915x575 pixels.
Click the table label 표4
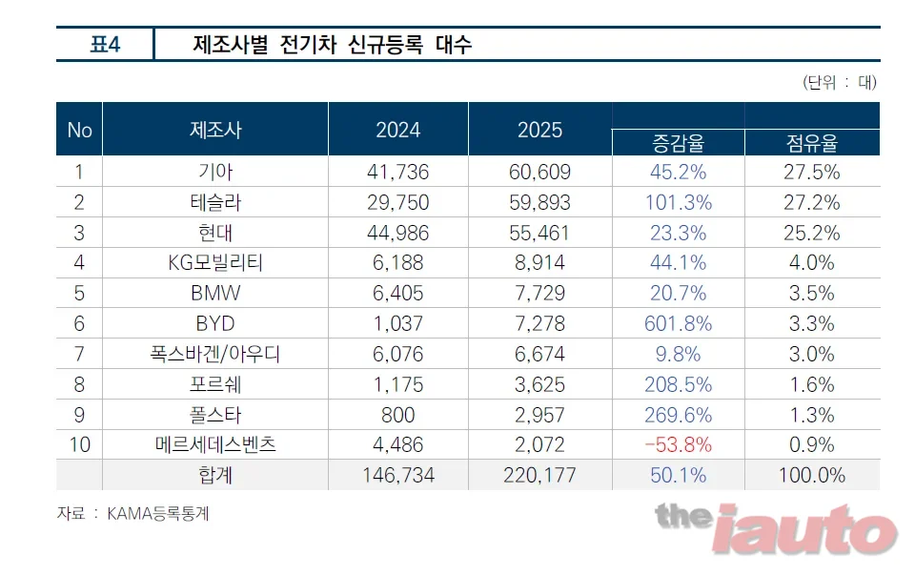[x=105, y=45]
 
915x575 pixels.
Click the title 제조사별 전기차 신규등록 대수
[x=332, y=45]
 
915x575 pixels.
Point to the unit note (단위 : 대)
[x=840, y=82]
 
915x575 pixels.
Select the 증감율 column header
[x=678, y=143]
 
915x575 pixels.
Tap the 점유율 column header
[x=812, y=143]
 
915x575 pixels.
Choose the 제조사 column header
[x=215, y=130]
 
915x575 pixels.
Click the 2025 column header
[x=539, y=130]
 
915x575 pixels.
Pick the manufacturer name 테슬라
[x=215, y=202]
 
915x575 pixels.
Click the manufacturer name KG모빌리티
[x=215, y=262]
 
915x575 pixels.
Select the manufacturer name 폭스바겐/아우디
[x=215, y=354]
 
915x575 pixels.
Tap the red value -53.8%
[x=678, y=444]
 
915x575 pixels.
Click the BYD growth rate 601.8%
[x=678, y=323]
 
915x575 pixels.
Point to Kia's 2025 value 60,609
[x=539, y=173]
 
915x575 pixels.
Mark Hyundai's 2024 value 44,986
[x=398, y=233]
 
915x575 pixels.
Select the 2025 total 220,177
[x=539, y=475]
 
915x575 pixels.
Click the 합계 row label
[x=215, y=475]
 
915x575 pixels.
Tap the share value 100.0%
[x=812, y=475]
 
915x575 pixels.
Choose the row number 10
[x=79, y=444]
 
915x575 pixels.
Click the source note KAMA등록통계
[x=157, y=514]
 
